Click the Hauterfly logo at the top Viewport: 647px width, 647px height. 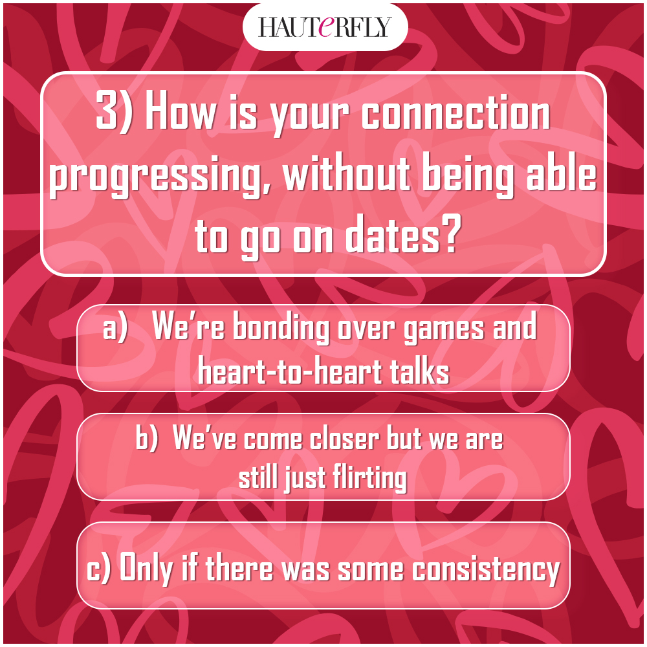[x=324, y=27]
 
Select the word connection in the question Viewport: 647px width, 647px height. [x=455, y=114]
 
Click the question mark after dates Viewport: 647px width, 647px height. [x=450, y=234]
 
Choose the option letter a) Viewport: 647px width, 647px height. [x=115, y=329]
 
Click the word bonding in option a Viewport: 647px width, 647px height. [x=281, y=329]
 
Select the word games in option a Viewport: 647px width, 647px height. [x=444, y=331]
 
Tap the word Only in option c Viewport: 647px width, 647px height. [x=146, y=569]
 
